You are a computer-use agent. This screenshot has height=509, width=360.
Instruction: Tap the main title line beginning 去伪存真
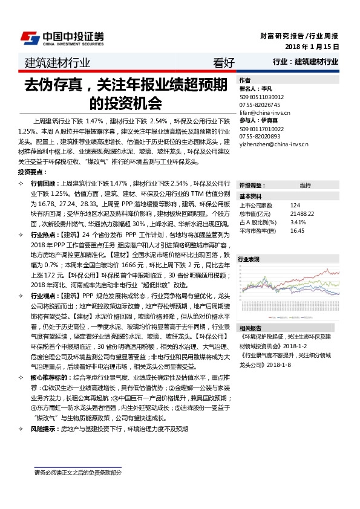(x=125, y=84)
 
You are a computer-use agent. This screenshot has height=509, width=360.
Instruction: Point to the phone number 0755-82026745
(x=259, y=104)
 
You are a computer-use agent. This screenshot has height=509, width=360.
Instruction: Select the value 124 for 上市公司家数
(x=295, y=206)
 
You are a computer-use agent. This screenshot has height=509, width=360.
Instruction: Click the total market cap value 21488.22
(x=302, y=214)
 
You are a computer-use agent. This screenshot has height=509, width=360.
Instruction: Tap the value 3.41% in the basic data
(x=298, y=222)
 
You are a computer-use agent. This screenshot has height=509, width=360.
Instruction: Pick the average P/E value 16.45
(x=297, y=230)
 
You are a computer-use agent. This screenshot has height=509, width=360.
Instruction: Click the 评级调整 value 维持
(x=305, y=185)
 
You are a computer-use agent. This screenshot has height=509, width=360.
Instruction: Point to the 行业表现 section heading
(x=249, y=259)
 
